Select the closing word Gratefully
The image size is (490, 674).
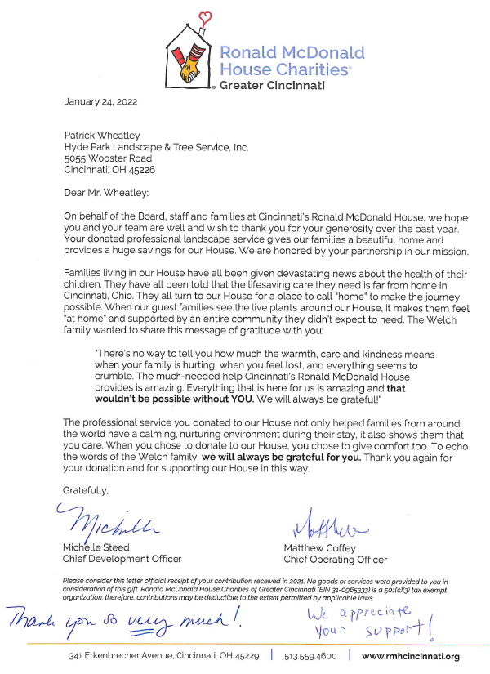pyautogui.click(x=86, y=489)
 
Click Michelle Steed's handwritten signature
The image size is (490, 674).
pyautogui.click(x=103, y=519)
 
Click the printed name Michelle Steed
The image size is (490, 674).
pyautogui.click(x=96, y=547)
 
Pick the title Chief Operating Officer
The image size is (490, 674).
pyautogui.click(x=335, y=560)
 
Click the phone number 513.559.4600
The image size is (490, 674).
pyautogui.click(x=310, y=656)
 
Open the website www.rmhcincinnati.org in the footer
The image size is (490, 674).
pyautogui.click(x=410, y=656)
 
